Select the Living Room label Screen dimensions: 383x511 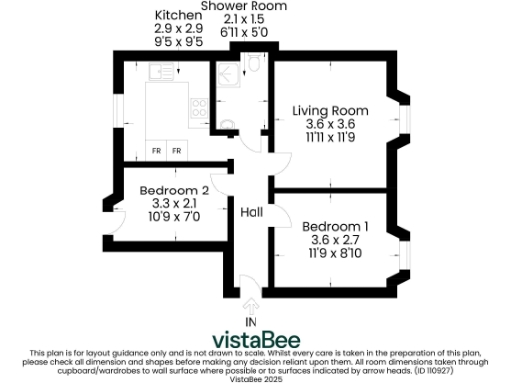pos(330,110)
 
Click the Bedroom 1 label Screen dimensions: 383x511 pos(335,226)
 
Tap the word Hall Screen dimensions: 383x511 pos(251,212)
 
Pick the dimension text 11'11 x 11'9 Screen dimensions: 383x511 pos(330,139)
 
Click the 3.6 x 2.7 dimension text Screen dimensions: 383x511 pos(335,240)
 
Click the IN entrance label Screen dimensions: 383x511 pos(251,322)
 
